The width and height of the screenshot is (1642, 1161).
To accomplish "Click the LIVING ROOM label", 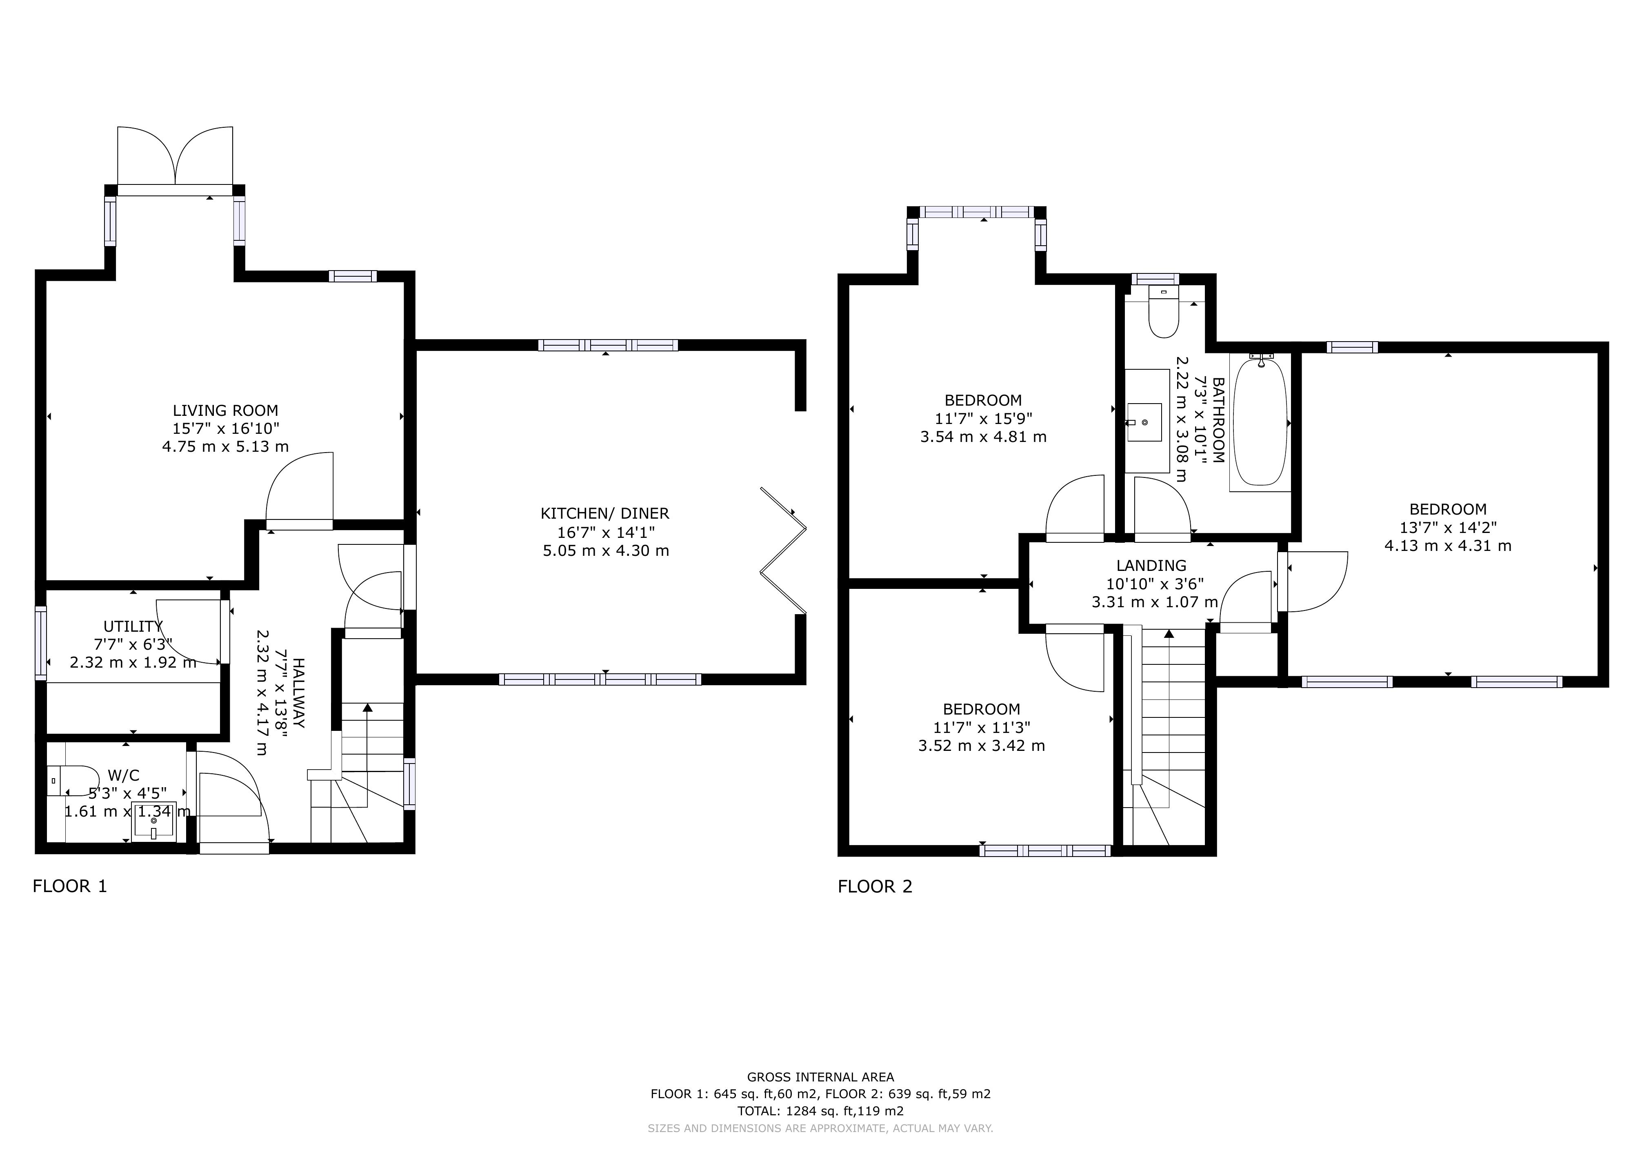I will pos(225,411).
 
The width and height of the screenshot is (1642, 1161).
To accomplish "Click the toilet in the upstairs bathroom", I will pos(1164,313).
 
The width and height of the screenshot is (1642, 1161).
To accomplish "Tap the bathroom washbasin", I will pos(1147,422).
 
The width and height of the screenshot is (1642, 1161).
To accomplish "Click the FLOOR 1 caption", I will pos(70,886).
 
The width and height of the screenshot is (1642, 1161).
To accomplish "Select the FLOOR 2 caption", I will pos(875,886).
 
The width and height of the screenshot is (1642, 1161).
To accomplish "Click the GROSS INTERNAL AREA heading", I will pos(820,1077).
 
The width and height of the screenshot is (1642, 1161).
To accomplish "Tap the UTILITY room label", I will pos(133,627).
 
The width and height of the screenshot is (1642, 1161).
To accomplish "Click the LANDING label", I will pos(1151,566).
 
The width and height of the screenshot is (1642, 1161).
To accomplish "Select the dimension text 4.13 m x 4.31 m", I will pos(1448,546).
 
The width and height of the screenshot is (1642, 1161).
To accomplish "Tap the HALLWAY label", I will pos(298,693).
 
